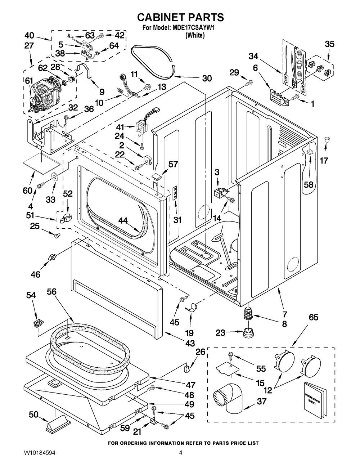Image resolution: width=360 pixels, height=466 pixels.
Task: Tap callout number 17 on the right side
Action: point(324,160)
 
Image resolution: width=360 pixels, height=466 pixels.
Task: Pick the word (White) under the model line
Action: point(195,35)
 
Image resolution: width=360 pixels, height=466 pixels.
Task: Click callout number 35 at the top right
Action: point(329,44)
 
